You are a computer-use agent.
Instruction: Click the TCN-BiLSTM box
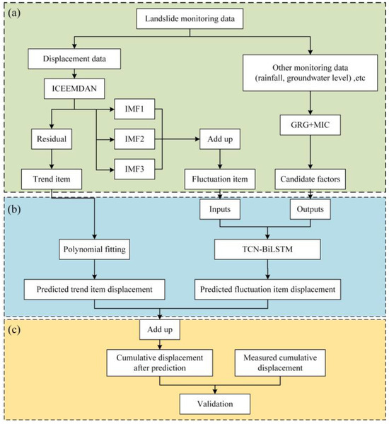click(267, 249)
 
